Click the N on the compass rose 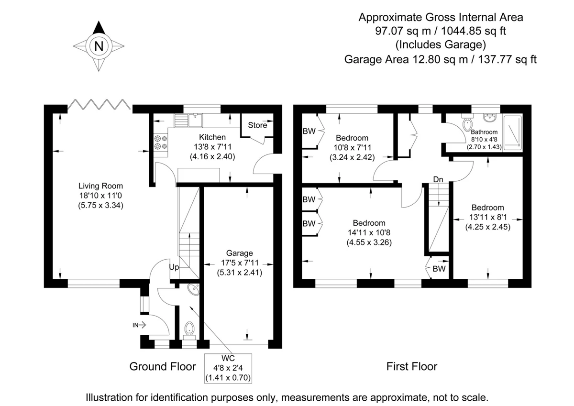tap(99, 46)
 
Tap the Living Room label tap(100, 186)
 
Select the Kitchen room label tap(212, 137)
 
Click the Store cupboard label tap(257, 125)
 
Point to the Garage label tap(239, 253)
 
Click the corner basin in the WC tap(194, 289)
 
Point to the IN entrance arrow tap(139, 325)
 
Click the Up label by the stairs tap(174, 267)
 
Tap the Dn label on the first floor tap(438, 179)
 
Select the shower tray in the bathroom tap(512, 132)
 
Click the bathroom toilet tap(468, 123)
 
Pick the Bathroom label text tap(484, 132)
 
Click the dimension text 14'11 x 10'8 tap(369, 232)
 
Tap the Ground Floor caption tap(163, 366)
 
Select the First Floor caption tap(412, 366)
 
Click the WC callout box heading tap(228, 358)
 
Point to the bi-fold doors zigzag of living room tap(99, 105)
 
